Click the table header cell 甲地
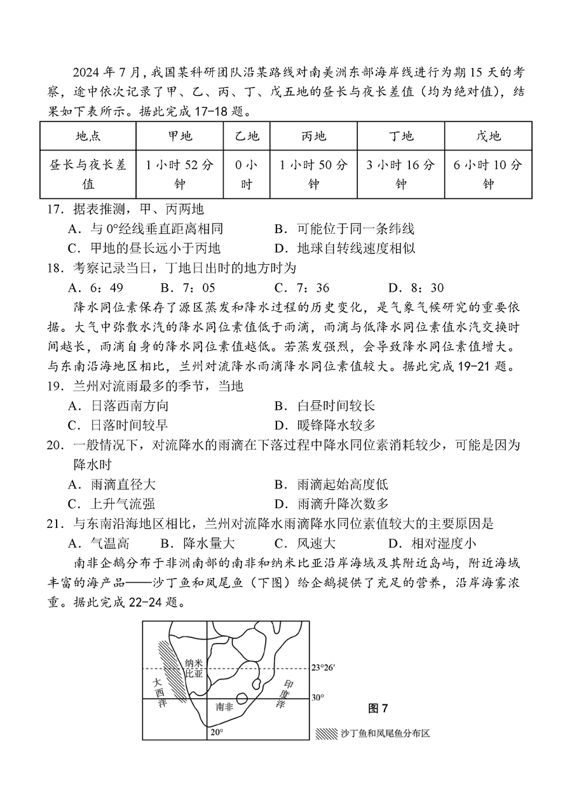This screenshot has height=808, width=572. pos(179,136)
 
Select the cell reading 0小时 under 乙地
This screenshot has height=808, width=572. pos(247,174)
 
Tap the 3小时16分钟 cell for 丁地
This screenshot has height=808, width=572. pos(400,174)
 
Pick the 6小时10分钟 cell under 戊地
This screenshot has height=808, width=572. pos(488,174)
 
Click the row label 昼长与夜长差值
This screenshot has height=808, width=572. pos(88,174)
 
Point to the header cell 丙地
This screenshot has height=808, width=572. pos(313,136)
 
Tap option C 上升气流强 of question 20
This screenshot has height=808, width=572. pos(111,504)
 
